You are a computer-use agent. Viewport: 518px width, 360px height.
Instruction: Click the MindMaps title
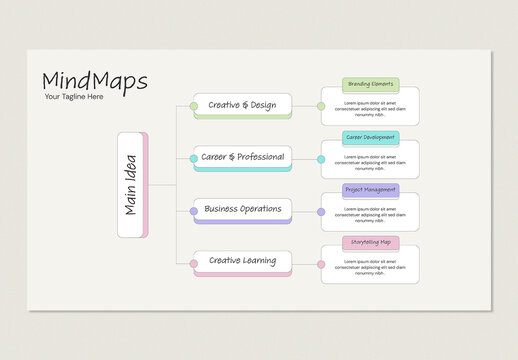point(95,80)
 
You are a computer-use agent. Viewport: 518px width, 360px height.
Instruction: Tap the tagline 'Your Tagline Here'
point(74,97)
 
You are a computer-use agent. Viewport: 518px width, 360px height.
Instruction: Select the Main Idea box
point(131,185)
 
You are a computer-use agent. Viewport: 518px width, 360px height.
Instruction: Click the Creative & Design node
point(242,104)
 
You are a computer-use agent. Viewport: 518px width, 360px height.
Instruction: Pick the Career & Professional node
point(242,157)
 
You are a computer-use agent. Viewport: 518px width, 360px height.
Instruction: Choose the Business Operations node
point(242,210)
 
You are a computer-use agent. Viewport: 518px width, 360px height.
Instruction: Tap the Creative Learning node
point(242,262)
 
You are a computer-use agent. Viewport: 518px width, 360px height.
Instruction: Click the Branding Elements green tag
point(370,84)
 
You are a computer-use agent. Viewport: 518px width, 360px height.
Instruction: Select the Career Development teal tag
point(370,137)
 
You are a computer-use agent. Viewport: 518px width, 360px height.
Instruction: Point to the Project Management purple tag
point(370,189)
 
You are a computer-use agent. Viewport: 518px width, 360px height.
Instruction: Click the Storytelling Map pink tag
point(370,242)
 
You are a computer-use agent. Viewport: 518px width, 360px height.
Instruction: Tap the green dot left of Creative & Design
point(194,105)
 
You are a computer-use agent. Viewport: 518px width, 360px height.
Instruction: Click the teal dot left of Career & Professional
point(194,158)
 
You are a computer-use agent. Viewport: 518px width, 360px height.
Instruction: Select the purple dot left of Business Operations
point(194,211)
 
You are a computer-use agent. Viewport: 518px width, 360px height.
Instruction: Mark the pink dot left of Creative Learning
point(194,264)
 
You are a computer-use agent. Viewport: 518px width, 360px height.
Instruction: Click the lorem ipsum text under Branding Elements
point(370,108)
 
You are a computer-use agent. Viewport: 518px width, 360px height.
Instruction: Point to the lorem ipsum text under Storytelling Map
point(370,266)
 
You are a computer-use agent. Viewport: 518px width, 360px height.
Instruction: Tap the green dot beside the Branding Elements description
point(321,105)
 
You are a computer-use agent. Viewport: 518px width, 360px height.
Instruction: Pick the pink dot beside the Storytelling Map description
point(321,264)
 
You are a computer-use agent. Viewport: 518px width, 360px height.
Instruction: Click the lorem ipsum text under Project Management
point(370,213)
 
